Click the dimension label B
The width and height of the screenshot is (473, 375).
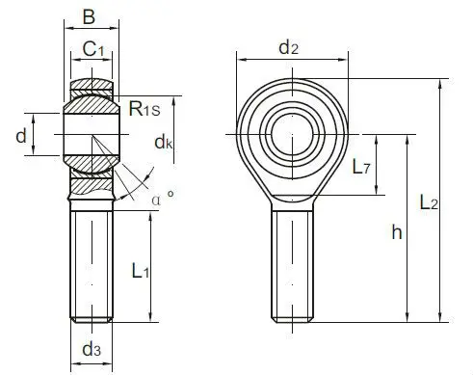90,16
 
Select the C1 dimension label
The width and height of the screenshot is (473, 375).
93,49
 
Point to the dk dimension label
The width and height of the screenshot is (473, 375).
163,144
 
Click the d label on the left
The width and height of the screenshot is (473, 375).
20,136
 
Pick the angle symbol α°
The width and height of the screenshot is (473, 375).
162,199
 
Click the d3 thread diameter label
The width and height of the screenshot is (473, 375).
92,349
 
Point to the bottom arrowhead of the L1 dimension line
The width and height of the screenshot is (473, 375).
151,317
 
